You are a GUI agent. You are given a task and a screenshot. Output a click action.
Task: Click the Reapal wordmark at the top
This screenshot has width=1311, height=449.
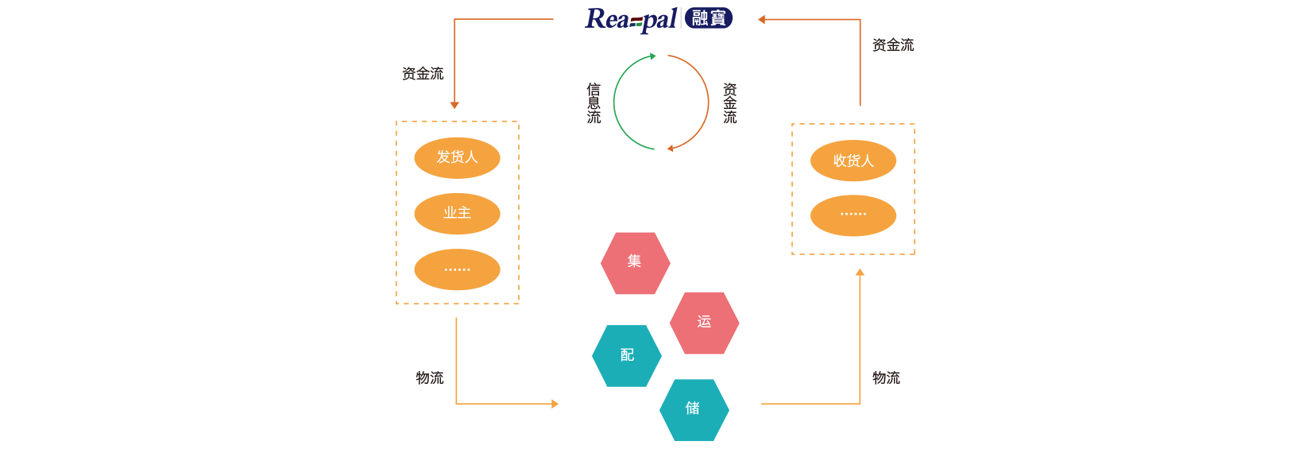click(631, 19)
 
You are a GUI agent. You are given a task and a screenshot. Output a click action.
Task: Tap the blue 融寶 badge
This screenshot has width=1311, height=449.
click(709, 17)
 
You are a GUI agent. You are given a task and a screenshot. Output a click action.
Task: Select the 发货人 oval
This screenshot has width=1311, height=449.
click(457, 157)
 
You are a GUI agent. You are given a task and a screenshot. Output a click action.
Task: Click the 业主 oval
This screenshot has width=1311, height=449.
click(457, 213)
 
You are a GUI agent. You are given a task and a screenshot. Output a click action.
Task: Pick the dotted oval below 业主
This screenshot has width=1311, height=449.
click(457, 269)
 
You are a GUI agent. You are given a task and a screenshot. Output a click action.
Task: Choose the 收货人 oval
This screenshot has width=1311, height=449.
click(853, 161)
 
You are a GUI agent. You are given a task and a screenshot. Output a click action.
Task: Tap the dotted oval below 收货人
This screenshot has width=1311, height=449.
click(853, 215)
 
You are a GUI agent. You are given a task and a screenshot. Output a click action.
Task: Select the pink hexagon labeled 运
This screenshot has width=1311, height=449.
click(704, 323)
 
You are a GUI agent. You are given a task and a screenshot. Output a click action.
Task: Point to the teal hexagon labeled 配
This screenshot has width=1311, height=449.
click(627, 355)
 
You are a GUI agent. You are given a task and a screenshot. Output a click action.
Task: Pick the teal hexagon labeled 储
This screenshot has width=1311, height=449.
click(694, 409)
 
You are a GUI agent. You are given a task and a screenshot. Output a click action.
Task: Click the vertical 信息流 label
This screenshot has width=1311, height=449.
click(594, 103)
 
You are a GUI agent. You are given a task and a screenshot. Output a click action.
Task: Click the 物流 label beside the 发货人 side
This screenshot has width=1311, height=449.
click(429, 377)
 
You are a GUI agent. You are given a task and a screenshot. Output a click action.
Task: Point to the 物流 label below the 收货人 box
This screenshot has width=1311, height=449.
click(886, 377)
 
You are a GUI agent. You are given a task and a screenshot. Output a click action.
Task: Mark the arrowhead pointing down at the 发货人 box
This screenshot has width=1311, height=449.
click(454, 105)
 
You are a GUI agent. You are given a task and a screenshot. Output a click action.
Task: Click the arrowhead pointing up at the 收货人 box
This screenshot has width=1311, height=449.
click(860, 273)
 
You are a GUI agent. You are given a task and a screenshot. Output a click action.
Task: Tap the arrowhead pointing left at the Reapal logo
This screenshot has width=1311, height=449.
click(761, 19)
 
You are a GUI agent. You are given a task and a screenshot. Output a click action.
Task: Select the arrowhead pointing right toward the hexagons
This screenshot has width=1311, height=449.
click(555, 404)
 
